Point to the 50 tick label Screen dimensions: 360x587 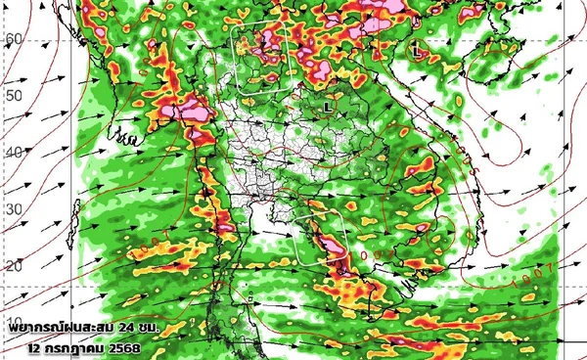click(12, 96)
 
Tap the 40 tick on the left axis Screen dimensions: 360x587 click(12, 153)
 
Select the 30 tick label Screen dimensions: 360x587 click(12, 210)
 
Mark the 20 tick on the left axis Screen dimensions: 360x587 click(12, 266)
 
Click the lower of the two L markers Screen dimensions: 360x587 click(328, 103)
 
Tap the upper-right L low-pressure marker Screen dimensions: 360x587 click(417, 47)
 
